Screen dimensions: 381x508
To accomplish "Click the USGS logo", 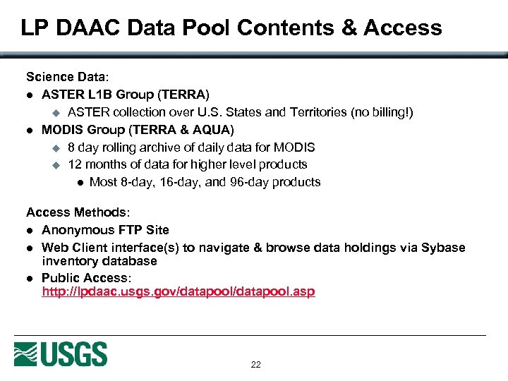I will tap(61, 353).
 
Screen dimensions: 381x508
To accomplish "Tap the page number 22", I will tap(255, 365).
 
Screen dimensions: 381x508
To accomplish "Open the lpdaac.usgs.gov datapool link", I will tap(179, 291).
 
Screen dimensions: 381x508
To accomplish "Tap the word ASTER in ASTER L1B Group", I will tap(62, 94).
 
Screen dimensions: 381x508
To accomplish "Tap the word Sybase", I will tap(443, 248).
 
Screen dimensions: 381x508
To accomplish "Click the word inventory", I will tap(69, 261).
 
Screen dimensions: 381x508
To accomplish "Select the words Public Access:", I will tap(87, 278).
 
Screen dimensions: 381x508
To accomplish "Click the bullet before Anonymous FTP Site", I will tap(30, 230).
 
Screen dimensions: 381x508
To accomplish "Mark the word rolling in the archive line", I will tap(119, 147).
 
